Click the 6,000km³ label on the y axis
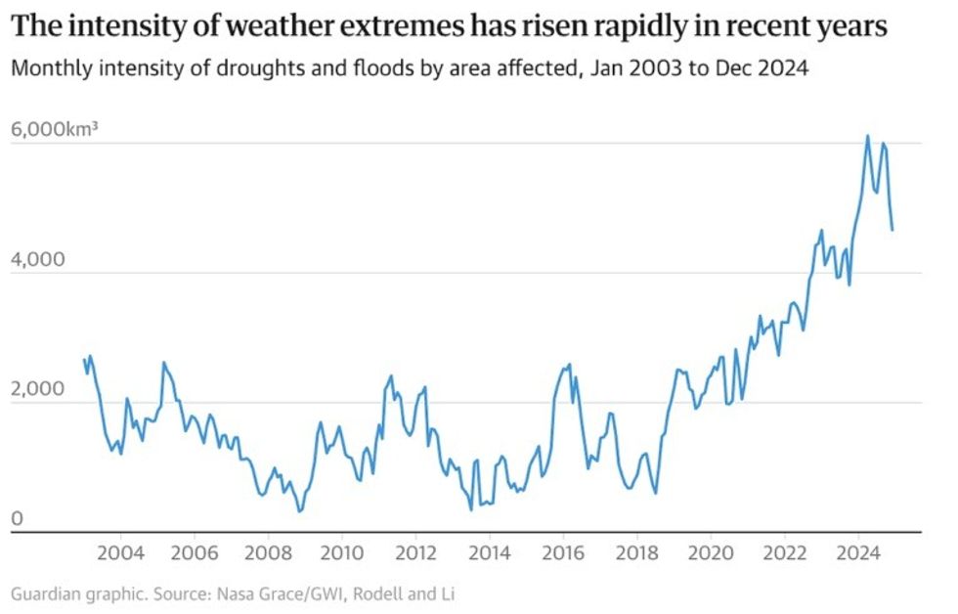click(x=55, y=129)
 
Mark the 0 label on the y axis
click(x=17, y=519)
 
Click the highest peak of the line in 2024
click(x=867, y=136)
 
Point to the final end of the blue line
click(x=892, y=230)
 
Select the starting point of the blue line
click(x=85, y=360)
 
